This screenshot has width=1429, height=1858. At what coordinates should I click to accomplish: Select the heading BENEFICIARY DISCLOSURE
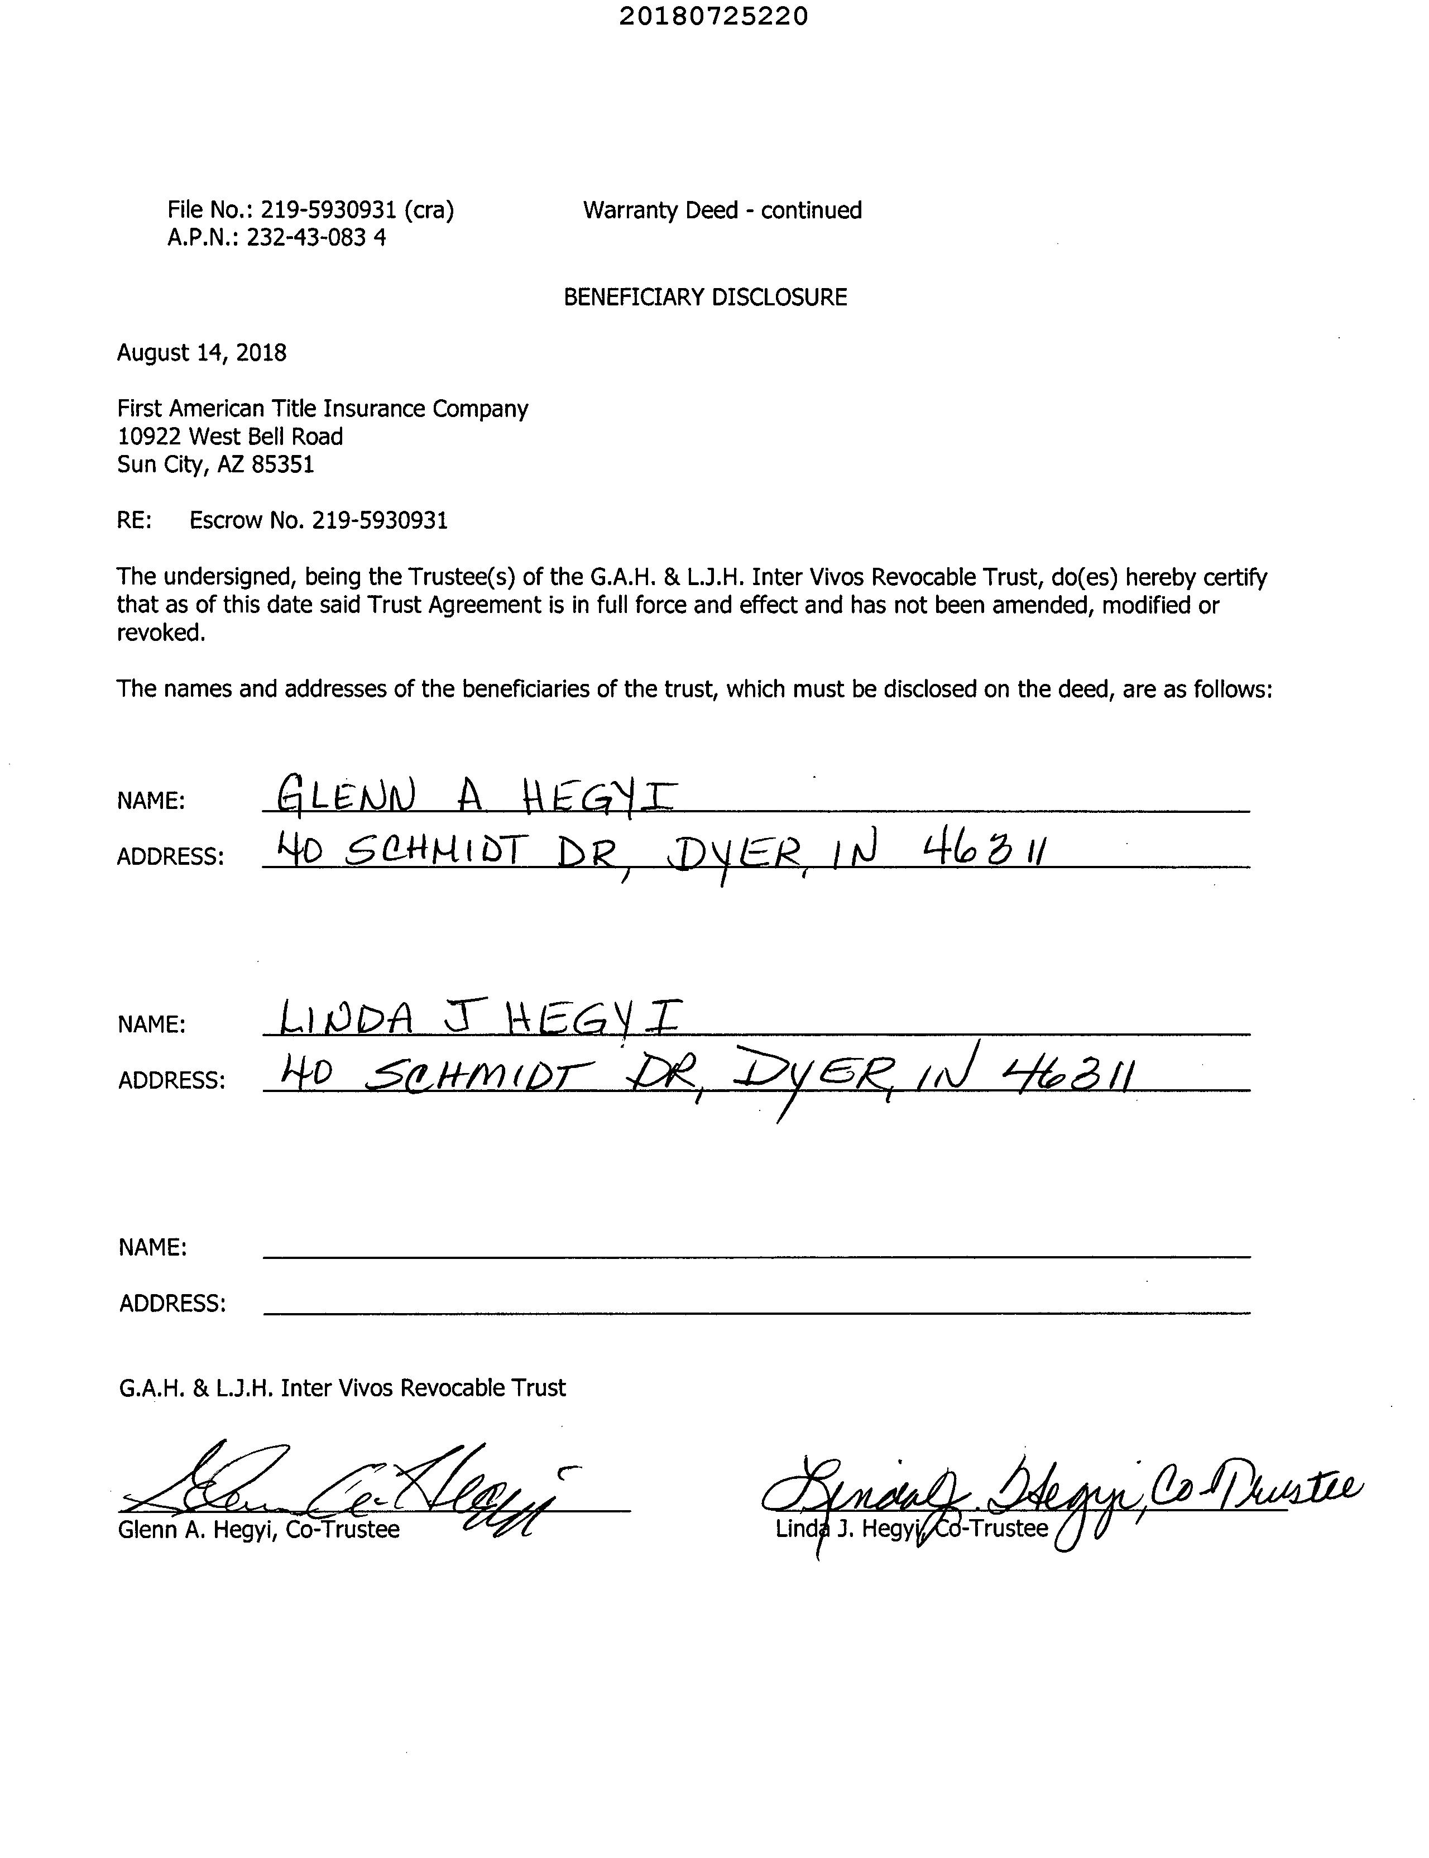tap(705, 297)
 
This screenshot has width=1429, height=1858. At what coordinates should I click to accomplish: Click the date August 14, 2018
tap(202, 352)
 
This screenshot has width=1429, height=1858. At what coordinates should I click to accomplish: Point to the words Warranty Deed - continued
tap(722, 210)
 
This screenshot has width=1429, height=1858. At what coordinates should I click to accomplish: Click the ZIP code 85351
tap(282, 465)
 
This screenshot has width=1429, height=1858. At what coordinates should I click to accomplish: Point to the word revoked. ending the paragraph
tap(161, 633)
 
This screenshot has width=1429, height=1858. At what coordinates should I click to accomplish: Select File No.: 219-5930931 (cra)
tap(310, 210)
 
